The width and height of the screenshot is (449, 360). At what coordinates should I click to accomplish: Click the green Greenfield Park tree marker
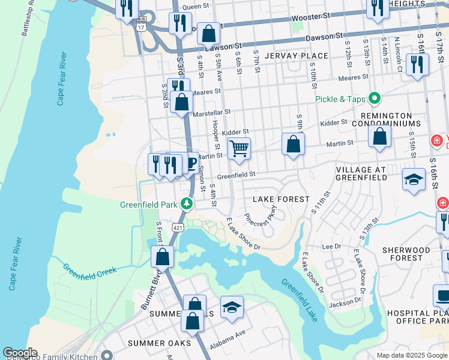click(187, 204)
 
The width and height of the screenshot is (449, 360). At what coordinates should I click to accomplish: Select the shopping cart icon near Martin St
click(239, 148)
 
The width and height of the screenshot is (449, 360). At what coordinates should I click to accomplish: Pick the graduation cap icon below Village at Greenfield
click(414, 179)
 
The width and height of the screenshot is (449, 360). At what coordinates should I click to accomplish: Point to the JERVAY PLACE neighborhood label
click(297, 56)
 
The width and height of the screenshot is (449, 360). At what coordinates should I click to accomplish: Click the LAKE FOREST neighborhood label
click(281, 199)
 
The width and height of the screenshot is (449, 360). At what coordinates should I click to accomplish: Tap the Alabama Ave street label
click(228, 343)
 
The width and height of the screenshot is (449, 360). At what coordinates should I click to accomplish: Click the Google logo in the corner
click(20, 353)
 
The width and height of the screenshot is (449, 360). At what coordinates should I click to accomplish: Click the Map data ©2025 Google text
click(411, 355)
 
